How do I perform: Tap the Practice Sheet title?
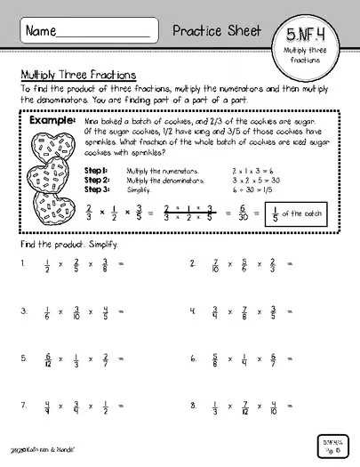click(x=218, y=30)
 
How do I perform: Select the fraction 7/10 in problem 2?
click(x=216, y=264)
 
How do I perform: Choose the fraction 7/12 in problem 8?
click(x=244, y=407)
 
